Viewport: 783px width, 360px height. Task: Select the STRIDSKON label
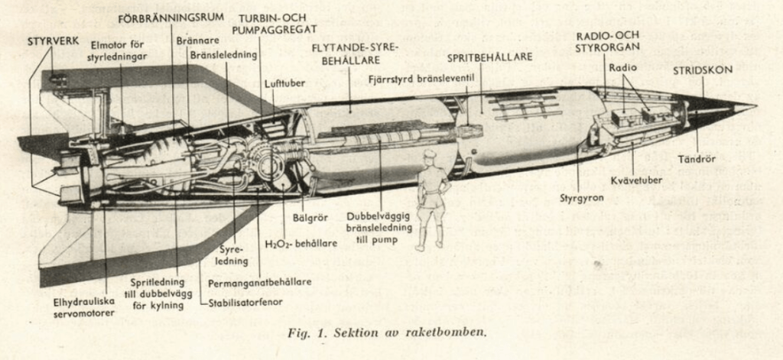[703, 70]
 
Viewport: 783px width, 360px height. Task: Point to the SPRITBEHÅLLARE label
[489, 57]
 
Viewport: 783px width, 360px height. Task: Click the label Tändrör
[697, 159]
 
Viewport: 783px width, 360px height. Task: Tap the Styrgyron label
[582, 198]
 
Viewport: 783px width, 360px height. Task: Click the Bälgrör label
[310, 217]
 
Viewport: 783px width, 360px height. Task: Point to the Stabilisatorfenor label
[245, 301]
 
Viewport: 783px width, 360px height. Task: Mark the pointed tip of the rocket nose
[756, 106]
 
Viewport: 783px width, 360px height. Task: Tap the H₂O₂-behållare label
[301, 244]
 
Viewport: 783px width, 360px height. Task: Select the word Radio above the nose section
[622, 68]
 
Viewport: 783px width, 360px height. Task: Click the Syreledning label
[233, 255]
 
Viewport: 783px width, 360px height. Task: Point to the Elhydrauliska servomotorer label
[84, 307]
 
